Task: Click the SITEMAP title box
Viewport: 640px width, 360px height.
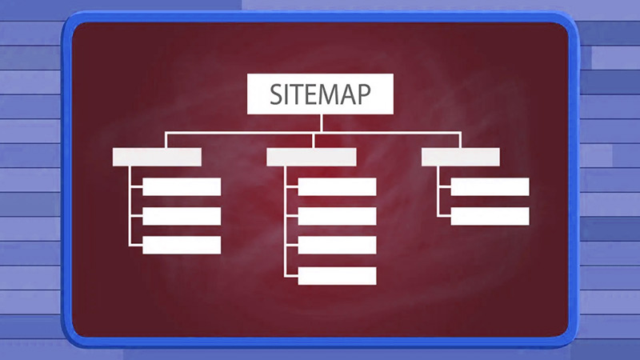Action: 321,94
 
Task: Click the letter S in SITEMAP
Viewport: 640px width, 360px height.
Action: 276,94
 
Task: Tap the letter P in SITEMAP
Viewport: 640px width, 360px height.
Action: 363,94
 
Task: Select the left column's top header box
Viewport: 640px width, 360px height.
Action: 157,157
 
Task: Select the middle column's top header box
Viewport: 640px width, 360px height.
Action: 311,157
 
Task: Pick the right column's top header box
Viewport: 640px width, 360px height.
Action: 461,157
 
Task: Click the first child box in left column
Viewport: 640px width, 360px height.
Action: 182,187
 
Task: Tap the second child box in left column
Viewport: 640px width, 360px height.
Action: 182,216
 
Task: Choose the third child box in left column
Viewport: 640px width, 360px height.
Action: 182,246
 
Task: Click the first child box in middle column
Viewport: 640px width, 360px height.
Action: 337,187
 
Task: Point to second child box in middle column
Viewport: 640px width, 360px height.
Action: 337,216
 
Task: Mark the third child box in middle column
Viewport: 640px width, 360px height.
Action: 337,246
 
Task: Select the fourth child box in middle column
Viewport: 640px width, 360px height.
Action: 337,276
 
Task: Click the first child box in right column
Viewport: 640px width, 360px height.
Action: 490,187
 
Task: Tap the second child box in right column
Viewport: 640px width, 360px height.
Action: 490,216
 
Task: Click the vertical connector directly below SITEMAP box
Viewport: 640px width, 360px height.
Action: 322,123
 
